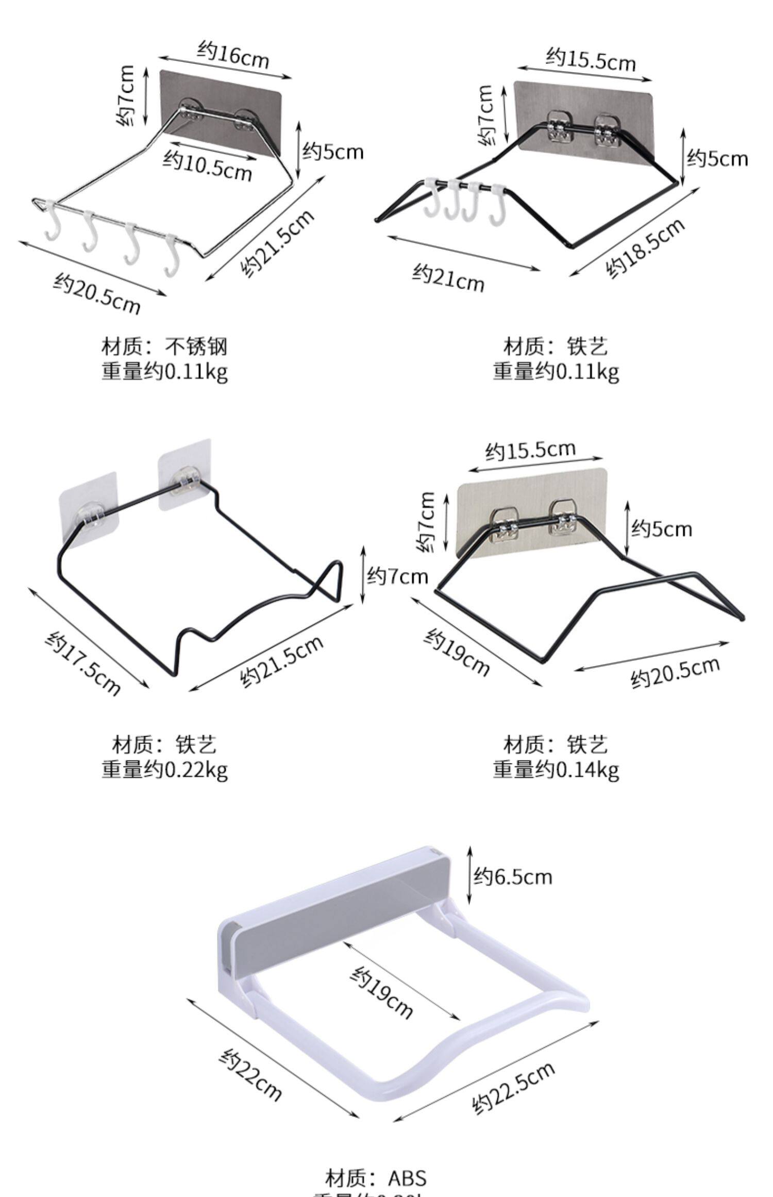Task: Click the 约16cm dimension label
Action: coord(233,56)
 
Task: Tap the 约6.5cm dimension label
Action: coord(513,876)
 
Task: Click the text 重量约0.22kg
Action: coord(164,771)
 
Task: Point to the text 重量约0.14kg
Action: coord(556,771)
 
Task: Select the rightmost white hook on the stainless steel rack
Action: coord(172,256)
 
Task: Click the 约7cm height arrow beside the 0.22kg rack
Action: coord(363,575)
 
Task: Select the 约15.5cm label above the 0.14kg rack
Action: coord(530,450)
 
